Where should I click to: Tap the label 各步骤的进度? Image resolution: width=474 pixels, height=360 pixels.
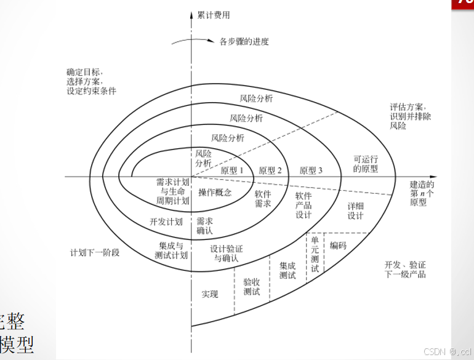[x=244, y=42]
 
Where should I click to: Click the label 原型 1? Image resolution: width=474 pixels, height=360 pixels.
[x=233, y=170]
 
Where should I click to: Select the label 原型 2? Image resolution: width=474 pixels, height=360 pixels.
[x=270, y=170]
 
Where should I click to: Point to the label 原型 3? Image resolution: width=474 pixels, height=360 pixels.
[x=311, y=170]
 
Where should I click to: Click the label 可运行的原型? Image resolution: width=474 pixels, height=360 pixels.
[x=366, y=164]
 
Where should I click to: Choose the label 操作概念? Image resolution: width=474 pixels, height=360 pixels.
[x=215, y=193]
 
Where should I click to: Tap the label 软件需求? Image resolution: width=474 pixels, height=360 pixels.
[x=263, y=198]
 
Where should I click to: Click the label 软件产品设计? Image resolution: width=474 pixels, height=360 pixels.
[x=303, y=205]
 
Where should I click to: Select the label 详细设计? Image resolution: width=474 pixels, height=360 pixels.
[x=355, y=211]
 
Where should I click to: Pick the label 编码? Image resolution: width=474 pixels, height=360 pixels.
[x=338, y=246]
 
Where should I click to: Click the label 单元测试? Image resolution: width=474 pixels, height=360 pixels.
[x=315, y=254]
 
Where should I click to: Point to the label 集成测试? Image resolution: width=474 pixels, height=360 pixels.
[x=287, y=270]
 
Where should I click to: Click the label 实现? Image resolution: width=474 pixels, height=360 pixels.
[x=210, y=294]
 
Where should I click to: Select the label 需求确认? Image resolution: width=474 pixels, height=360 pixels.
[x=204, y=225]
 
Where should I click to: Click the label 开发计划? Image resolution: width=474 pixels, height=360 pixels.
[x=166, y=222]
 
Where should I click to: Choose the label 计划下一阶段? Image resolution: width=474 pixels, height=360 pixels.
[x=94, y=252]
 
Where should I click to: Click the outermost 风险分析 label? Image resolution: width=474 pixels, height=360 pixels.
[x=257, y=98]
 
